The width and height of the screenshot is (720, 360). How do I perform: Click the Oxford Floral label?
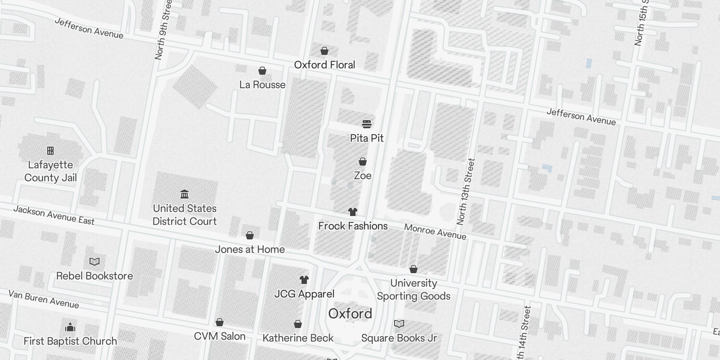[x=324, y=65]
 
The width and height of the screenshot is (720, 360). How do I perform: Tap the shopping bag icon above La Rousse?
[x=262, y=71]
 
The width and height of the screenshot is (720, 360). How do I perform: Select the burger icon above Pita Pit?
[x=367, y=124]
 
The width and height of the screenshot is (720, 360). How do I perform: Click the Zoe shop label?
[x=363, y=175]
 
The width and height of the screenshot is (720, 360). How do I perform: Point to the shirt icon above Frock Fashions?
[x=353, y=212]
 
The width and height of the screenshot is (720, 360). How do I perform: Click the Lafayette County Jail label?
[x=50, y=171]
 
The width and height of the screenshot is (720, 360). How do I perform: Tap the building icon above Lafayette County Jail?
[x=50, y=150]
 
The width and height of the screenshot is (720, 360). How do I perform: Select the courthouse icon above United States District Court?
[x=184, y=194]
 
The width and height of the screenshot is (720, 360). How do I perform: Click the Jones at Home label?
[x=250, y=249]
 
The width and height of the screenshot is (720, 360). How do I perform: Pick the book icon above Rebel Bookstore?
[x=94, y=261]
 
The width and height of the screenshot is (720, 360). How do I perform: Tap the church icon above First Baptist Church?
[x=70, y=327]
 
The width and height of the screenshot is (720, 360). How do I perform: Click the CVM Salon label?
[x=220, y=336]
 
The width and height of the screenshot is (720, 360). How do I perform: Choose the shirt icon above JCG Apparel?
[x=304, y=280]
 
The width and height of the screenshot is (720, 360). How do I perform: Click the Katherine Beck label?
[x=298, y=338]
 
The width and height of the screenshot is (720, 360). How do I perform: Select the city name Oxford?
[x=350, y=314]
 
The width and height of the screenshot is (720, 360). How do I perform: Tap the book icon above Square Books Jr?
[x=399, y=324]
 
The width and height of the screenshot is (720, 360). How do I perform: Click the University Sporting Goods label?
[x=414, y=289]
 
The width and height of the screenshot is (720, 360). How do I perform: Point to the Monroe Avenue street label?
[x=435, y=231]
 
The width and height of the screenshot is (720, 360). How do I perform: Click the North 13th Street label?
[x=465, y=192]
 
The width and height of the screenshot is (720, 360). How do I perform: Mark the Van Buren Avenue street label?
[x=44, y=299]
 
